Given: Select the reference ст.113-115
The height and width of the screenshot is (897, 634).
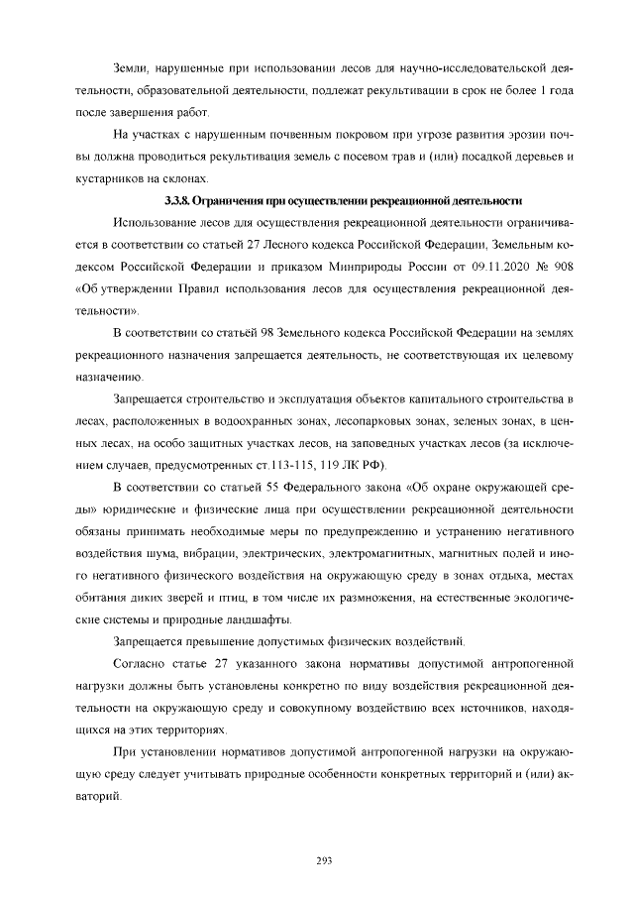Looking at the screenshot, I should click(x=267, y=466).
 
